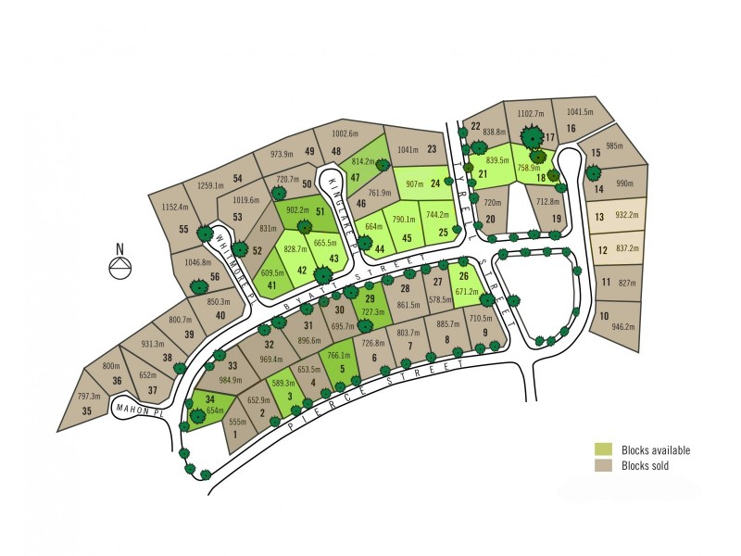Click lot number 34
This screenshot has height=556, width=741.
pos(197,399)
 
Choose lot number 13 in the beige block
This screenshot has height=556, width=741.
pos(601,216)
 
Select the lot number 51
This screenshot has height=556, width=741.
pos(320,212)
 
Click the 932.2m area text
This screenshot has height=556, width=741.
pos(626,214)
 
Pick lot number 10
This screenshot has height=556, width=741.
pos(603,316)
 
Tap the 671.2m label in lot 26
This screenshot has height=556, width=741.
pos(467,292)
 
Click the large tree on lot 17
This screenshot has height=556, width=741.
pos(532,137)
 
